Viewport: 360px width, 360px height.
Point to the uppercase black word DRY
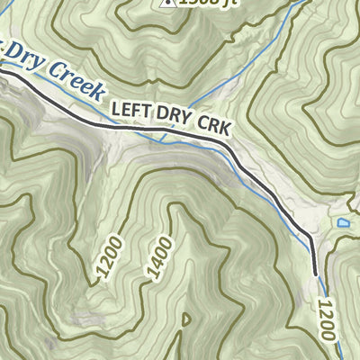coord(175,120)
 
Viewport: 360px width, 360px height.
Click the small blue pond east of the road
coord(342,222)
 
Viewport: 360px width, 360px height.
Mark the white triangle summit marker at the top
coord(166,3)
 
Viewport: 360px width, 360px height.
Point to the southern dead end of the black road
coord(316,274)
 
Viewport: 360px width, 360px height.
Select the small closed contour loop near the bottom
coord(186,319)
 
